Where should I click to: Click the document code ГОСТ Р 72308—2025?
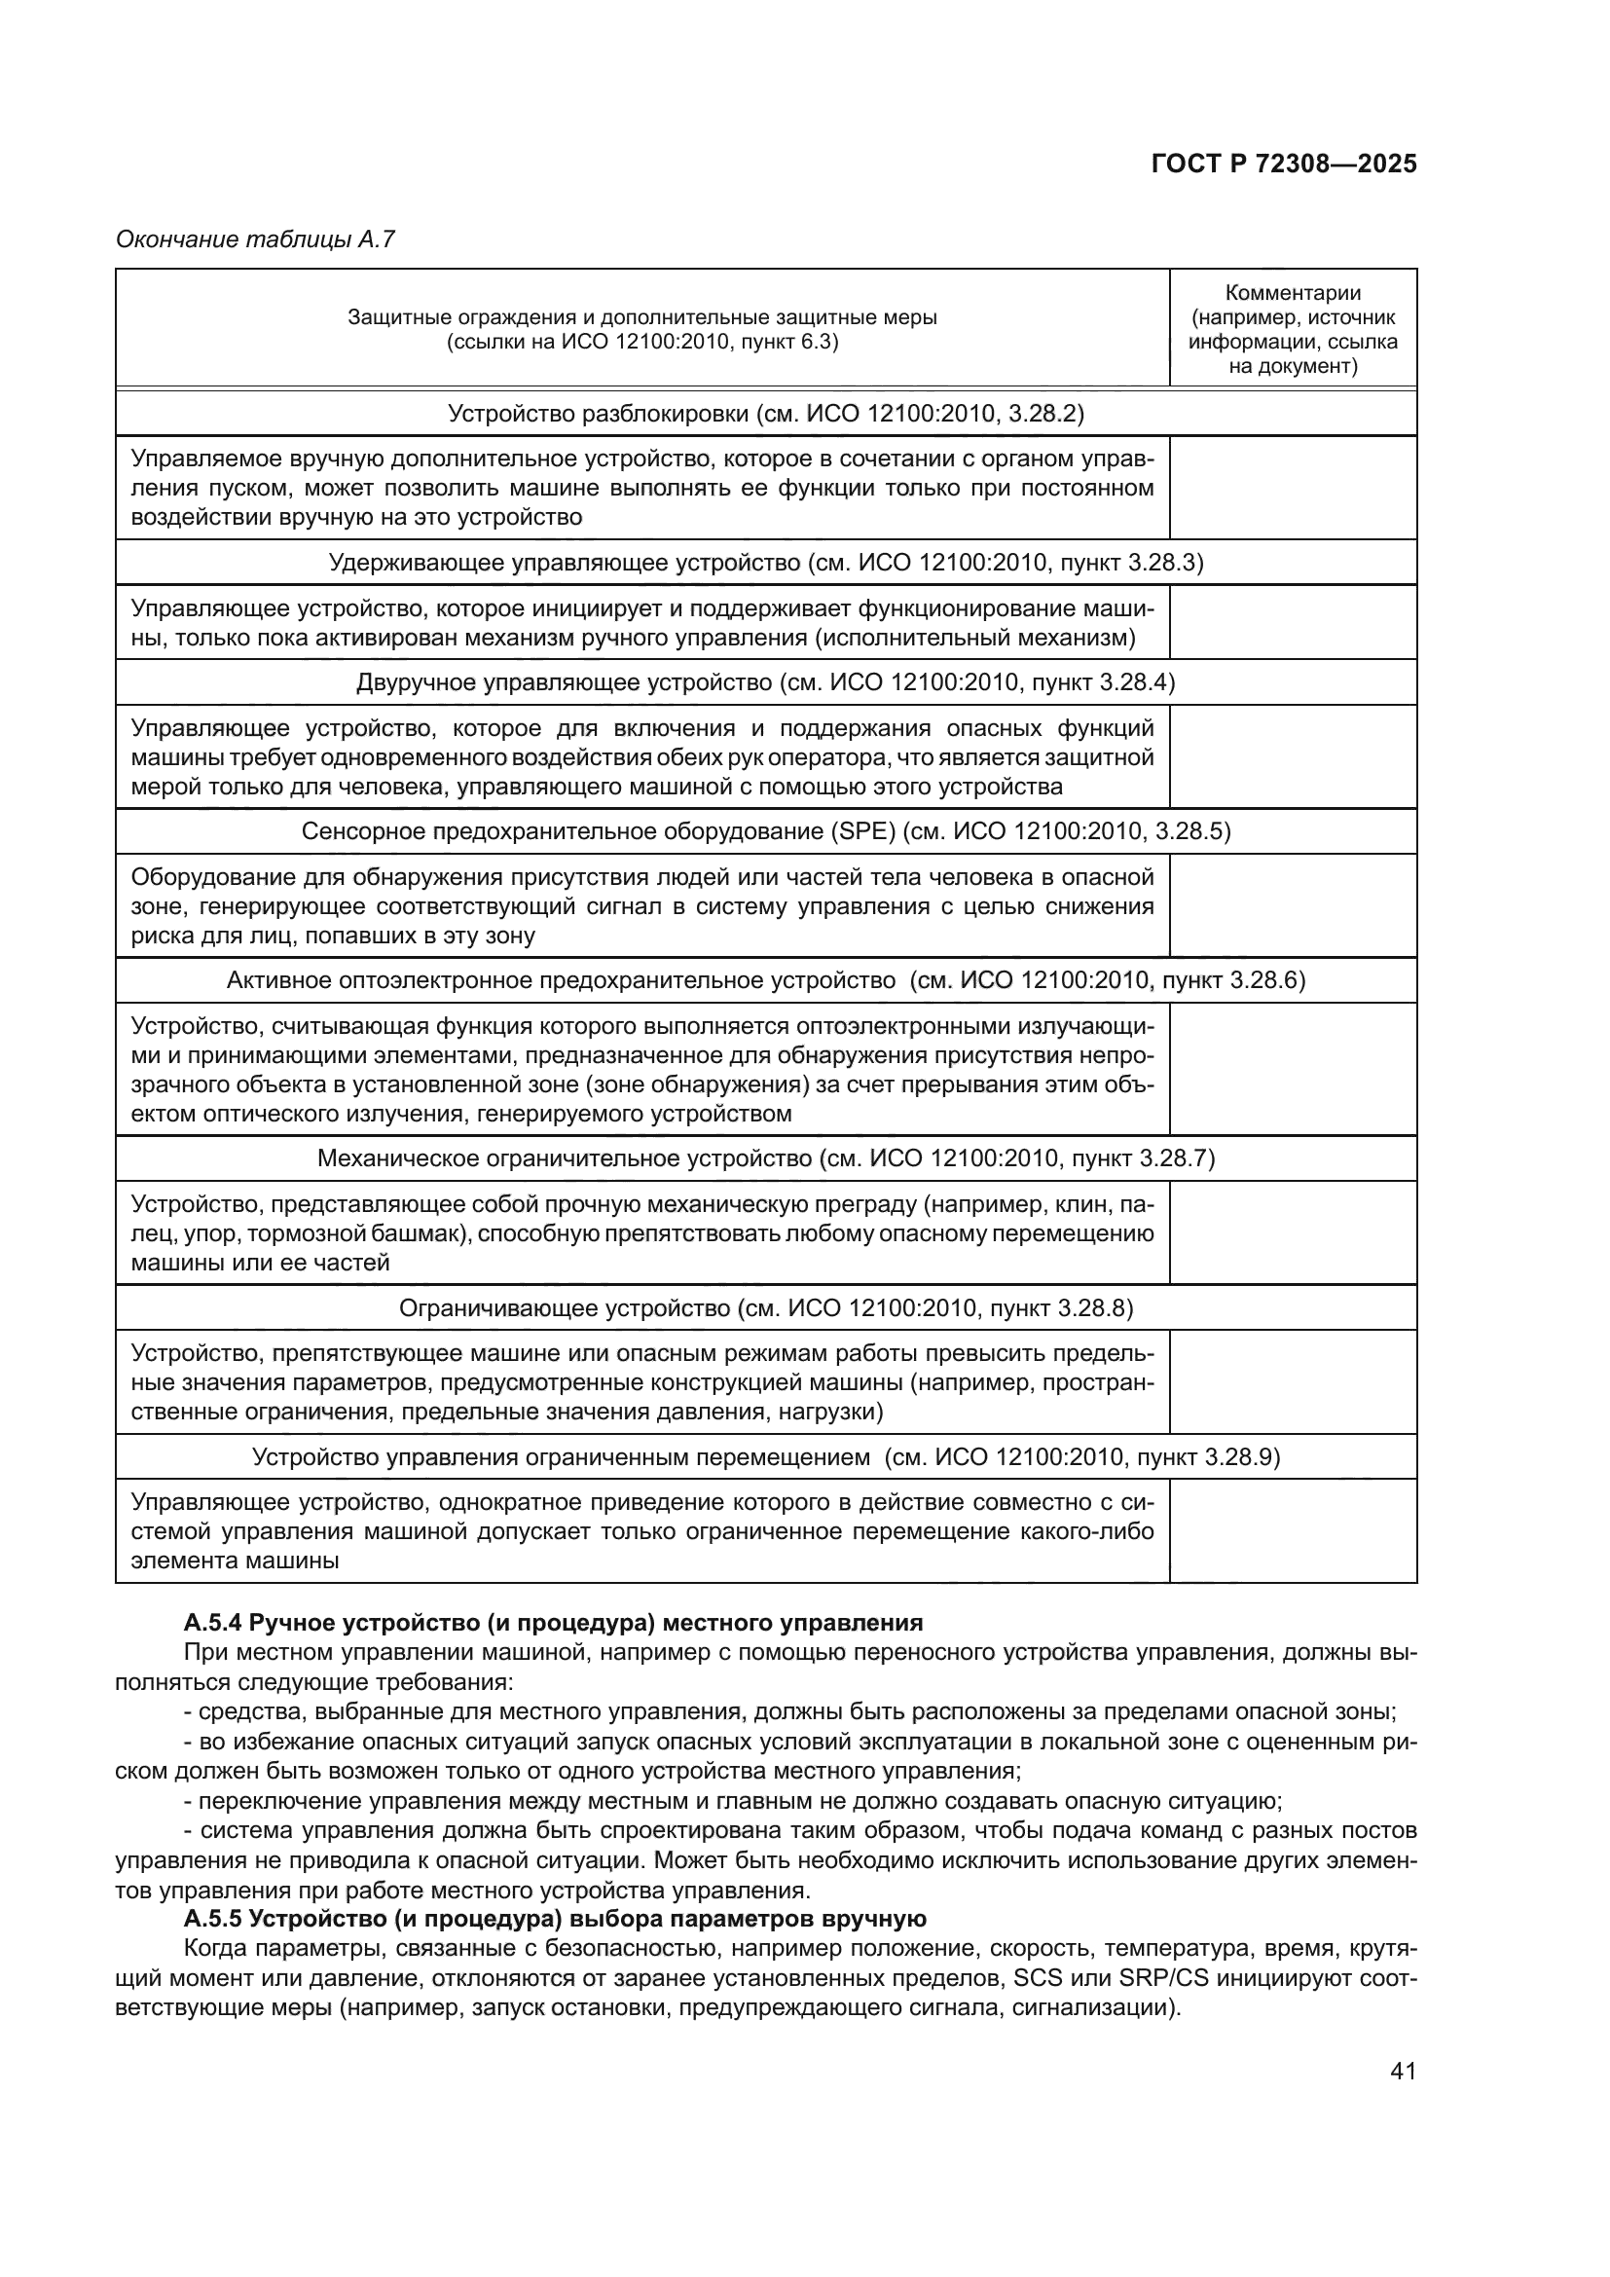1284,165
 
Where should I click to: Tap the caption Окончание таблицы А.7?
256,239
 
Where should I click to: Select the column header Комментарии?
1293,293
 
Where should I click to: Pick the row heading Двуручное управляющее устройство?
563,682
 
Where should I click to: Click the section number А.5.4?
213,1624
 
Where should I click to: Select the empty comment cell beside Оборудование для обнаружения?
1293,905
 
